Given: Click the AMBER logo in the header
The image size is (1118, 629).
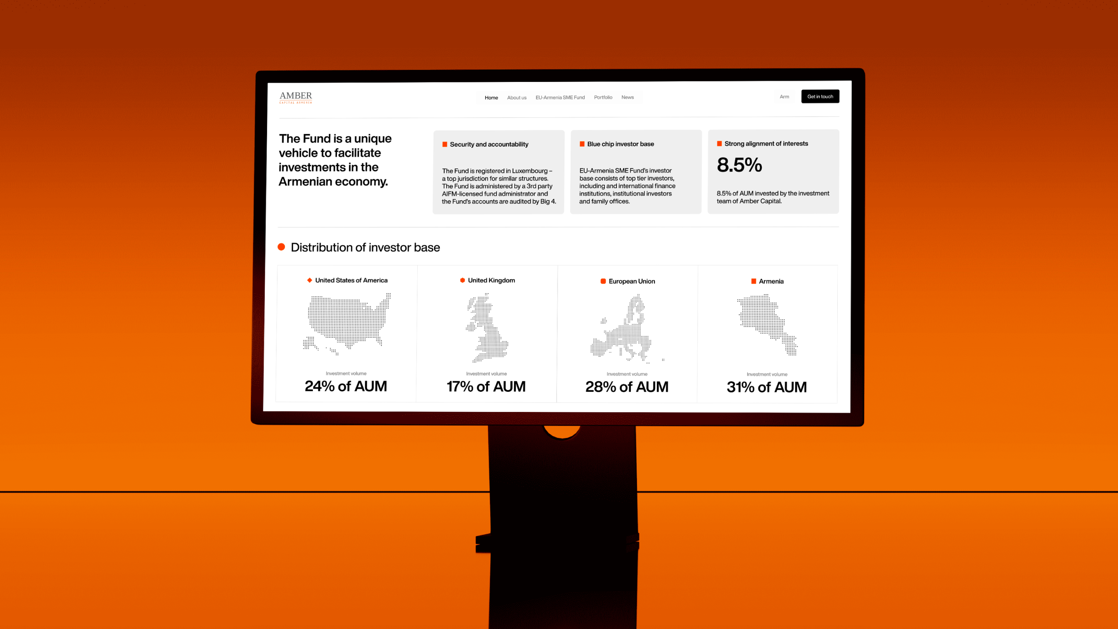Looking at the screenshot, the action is [x=295, y=97].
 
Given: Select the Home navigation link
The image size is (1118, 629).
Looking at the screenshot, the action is [x=491, y=98].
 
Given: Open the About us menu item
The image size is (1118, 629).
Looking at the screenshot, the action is [x=516, y=98].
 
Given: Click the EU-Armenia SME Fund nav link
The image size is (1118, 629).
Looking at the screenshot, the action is [x=560, y=97].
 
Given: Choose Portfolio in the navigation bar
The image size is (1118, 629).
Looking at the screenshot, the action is [x=603, y=97].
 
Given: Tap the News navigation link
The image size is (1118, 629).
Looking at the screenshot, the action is [x=627, y=97].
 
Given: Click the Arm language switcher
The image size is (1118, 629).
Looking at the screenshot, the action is [x=784, y=97].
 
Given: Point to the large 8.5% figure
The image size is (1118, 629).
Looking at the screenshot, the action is [x=739, y=165].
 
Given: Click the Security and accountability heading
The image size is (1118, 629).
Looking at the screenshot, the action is [x=489, y=144].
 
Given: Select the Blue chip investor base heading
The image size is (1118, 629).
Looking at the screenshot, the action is [x=620, y=144].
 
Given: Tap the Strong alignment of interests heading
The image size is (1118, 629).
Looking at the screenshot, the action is [x=766, y=143].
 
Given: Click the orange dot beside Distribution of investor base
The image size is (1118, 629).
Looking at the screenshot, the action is [x=281, y=247].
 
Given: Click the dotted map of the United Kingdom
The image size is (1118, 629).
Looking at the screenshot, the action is [x=486, y=327].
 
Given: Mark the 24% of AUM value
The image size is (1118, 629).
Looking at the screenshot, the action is [x=345, y=386].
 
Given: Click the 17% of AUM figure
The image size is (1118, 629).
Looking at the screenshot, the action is [x=486, y=386].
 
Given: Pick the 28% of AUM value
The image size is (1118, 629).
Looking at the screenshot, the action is [x=627, y=387].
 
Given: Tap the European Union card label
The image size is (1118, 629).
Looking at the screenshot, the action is [x=632, y=281].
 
